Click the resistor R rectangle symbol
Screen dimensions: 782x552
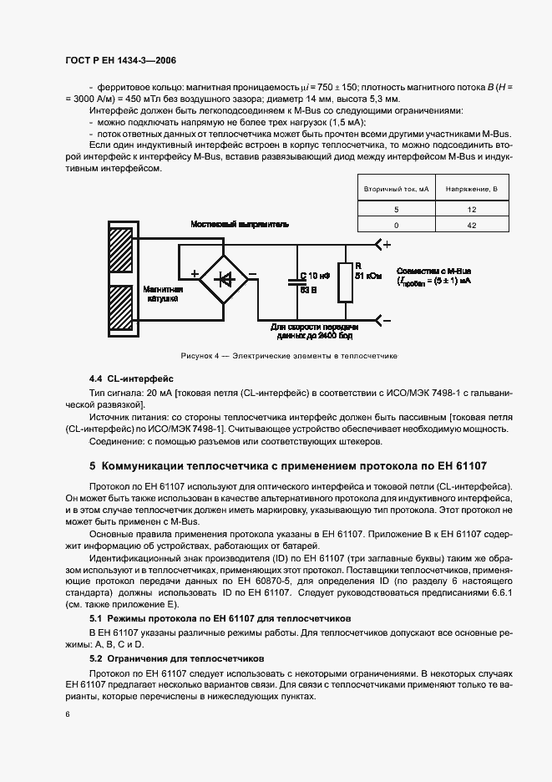point(343,282)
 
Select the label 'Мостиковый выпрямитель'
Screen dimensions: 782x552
point(240,225)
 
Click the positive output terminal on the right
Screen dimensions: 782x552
point(383,245)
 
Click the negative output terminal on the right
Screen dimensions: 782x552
point(383,319)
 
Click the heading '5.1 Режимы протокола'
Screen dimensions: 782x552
point(220,618)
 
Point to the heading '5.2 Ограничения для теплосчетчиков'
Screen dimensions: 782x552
point(176,658)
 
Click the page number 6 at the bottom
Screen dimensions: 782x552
point(66,715)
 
